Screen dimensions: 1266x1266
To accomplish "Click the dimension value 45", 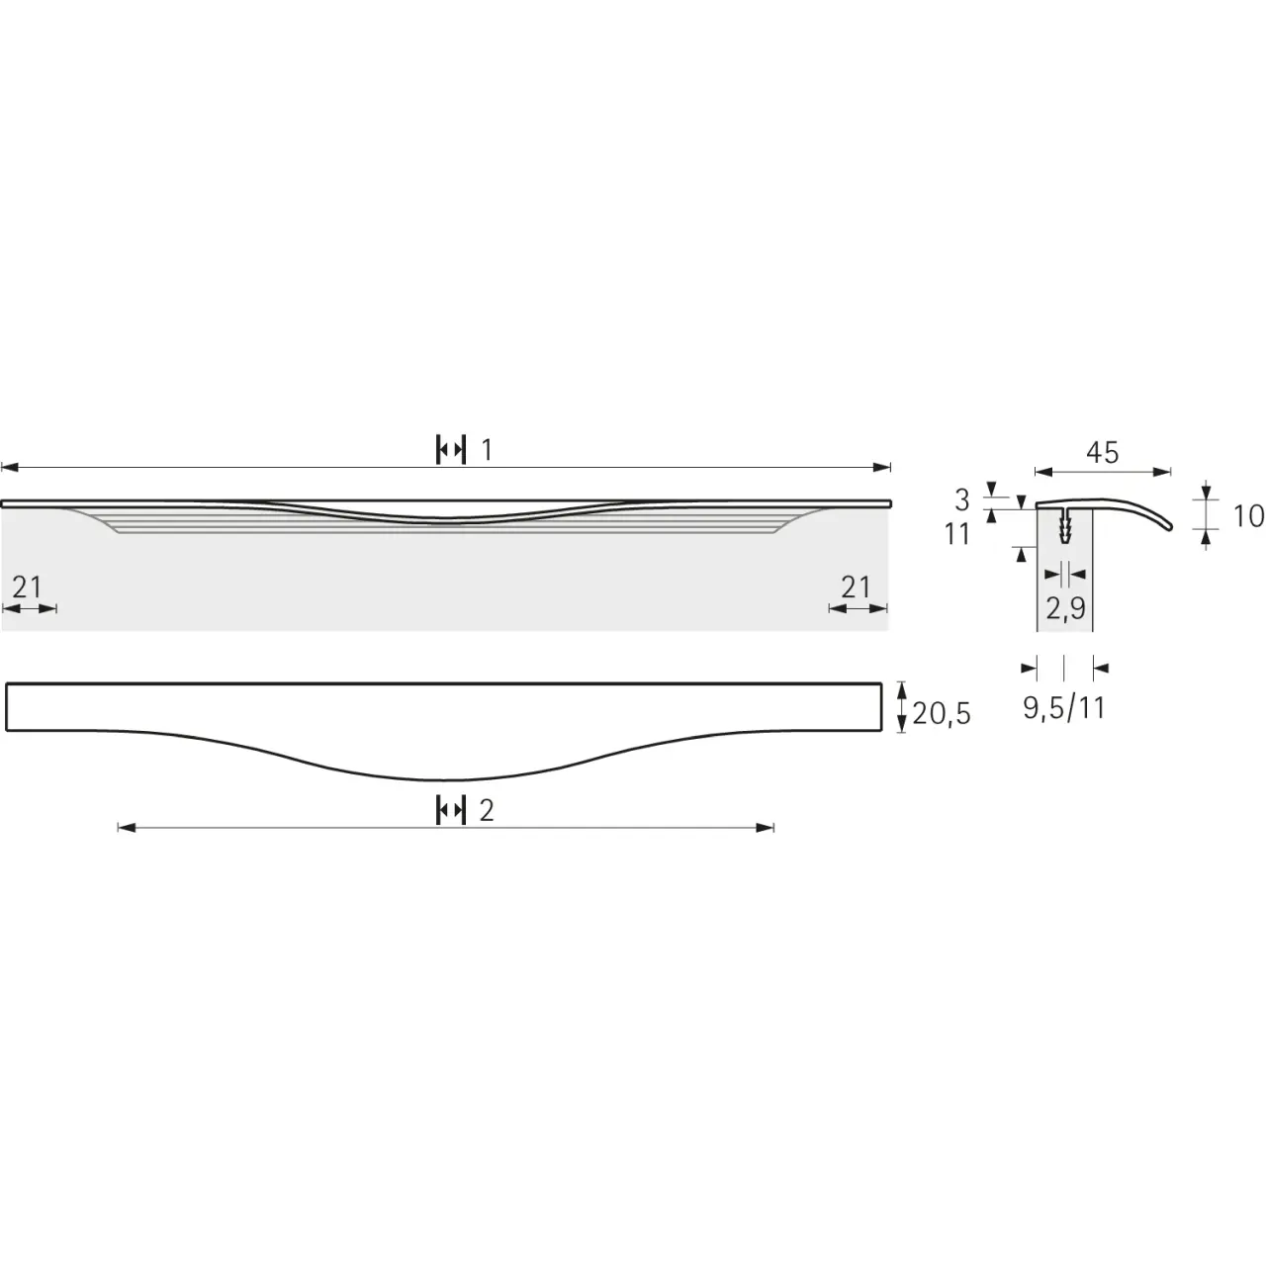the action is tap(1103, 453).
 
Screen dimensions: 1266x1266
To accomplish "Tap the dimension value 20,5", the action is tap(942, 713).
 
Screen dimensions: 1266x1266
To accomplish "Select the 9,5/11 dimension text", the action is tap(1064, 707).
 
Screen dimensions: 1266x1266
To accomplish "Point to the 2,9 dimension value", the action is tap(1065, 609).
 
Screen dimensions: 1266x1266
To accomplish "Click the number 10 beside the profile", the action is tap(1248, 516).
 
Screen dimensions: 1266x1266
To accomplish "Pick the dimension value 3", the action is tap(962, 500).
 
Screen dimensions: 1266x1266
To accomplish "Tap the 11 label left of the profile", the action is tap(957, 535).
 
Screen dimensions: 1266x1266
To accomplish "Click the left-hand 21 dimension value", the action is tap(27, 588).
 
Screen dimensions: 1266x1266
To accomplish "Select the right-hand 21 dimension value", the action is tap(856, 588).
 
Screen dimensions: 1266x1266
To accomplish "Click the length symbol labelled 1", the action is tap(451, 450).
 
